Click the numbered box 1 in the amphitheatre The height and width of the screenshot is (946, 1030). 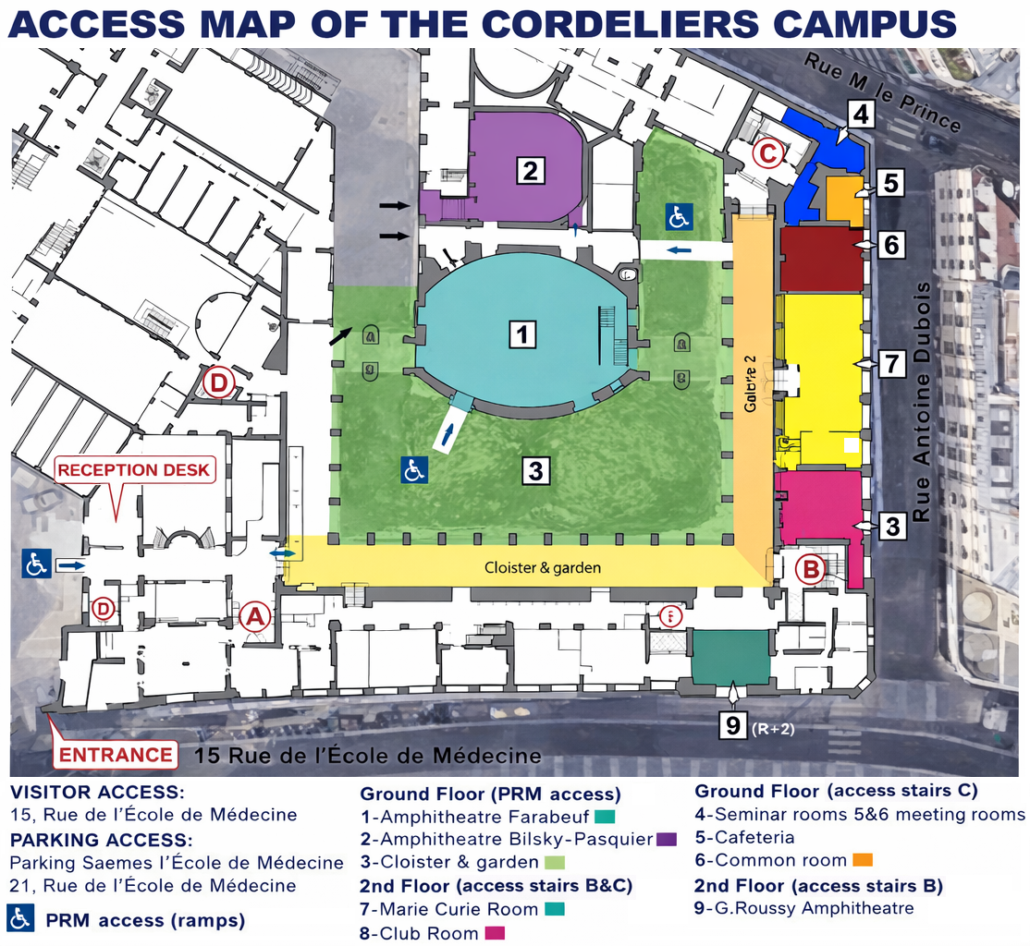[x=523, y=334]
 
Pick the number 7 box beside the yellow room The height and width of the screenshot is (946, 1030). [x=890, y=364]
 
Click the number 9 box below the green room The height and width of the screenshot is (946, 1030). [x=733, y=726]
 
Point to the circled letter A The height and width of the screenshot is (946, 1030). [x=255, y=617]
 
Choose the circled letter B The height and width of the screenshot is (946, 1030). [x=811, y=570]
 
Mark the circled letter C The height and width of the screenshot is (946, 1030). [x=768, y=152]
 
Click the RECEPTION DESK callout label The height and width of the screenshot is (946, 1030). [x=134, y=470]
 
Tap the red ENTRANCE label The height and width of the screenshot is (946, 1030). [x=116, y=755]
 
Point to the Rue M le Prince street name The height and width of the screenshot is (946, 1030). [x=882, y=92]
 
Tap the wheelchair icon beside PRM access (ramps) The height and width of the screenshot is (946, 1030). [x=22, y=918]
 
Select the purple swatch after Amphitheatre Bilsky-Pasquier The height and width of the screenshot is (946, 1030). [x=667, y=840]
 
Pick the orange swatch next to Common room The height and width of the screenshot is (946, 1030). [x=863, y=861]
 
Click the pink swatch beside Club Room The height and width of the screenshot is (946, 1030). [x=495, y=933]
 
